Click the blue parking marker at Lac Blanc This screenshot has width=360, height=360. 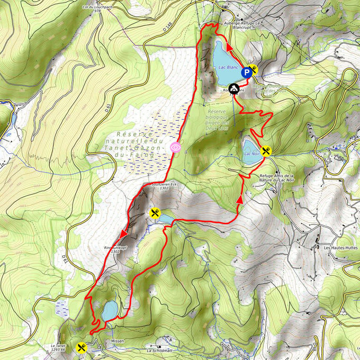click(247, 73)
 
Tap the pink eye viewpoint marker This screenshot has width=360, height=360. click(175, 147)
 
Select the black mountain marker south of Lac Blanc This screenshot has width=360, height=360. click(233, 88)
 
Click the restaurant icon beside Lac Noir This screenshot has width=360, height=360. click(267, 150)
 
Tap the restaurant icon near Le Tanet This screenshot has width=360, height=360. click(81, 347)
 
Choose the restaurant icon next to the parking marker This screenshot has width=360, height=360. click(255, 68)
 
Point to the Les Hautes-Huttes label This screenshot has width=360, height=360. click(337, 247)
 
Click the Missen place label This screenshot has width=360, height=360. click(118, 341)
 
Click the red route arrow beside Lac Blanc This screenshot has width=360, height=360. click(231, 48)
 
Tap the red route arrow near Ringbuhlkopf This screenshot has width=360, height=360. click(124, 233)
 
